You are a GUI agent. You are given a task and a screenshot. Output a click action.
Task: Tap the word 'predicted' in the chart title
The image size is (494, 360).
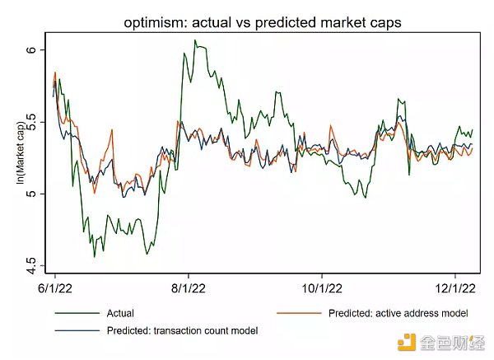tap(297, 23)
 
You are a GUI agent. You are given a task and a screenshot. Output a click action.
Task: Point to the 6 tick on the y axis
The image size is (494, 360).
tap(31, 50)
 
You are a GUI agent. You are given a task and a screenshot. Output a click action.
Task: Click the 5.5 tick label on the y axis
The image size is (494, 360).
tap(31, 122)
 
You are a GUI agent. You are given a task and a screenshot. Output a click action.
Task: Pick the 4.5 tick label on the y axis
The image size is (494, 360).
tap(31, 265)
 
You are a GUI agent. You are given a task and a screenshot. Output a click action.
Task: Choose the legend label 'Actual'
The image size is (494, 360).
tap(120, 313)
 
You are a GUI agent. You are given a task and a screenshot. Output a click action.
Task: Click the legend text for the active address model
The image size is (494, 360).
tap(398, 313)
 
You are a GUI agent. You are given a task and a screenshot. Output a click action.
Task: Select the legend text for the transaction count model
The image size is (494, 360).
tap(182, 330)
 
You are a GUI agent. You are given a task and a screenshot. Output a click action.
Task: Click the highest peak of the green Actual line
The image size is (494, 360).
tap(195, 40)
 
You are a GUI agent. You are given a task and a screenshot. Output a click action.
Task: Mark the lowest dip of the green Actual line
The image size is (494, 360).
tap(94, 257)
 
